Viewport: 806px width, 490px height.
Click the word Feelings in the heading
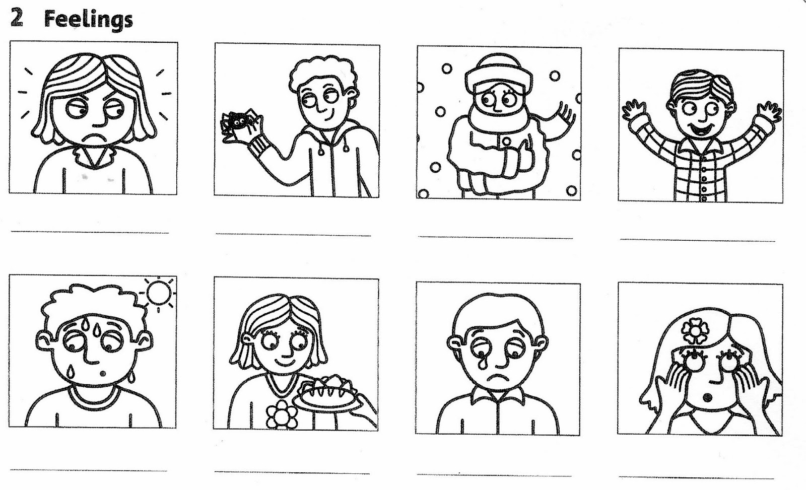click(x=89, y=20)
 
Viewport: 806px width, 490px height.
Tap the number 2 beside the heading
click(x=17, y=18)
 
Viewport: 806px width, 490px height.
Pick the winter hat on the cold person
click(x=499, y=74)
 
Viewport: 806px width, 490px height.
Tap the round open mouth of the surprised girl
click(x=708, y=398)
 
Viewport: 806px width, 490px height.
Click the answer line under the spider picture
click(x=293, y=235)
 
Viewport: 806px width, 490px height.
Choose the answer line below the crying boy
click(x=494, y=475)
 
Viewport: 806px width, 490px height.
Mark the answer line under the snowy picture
click(x=495, y=237)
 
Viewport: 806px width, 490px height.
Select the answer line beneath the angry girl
click(x=90, y=232)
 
